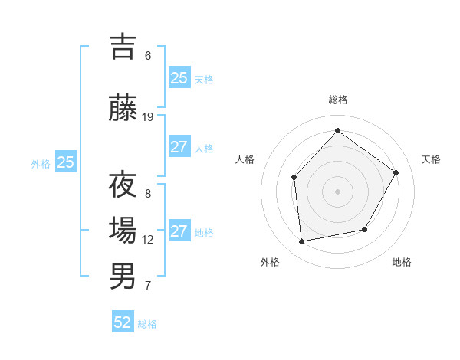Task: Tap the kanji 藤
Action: pos(123,108)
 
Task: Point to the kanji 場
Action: pos(123,230)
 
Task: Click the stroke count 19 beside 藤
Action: pos(148,117)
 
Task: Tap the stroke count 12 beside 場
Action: pos(148,240)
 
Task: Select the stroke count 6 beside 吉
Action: pos(148,55)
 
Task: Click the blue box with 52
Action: pos(123,322)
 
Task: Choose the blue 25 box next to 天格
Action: pos(179,77)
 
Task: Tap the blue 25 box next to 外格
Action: pos(66,162)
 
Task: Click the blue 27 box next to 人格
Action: pos(179,147)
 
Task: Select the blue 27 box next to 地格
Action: pos(179,231)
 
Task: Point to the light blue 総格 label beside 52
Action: pos(147,324)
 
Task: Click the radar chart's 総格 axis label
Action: pos(338,100)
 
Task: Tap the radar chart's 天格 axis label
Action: pos(431,159)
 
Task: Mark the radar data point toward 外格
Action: pos(302,242)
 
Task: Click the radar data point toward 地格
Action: pos(365,229)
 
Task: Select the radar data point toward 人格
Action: pos(294,178)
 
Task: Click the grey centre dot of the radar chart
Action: pos(337,191)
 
